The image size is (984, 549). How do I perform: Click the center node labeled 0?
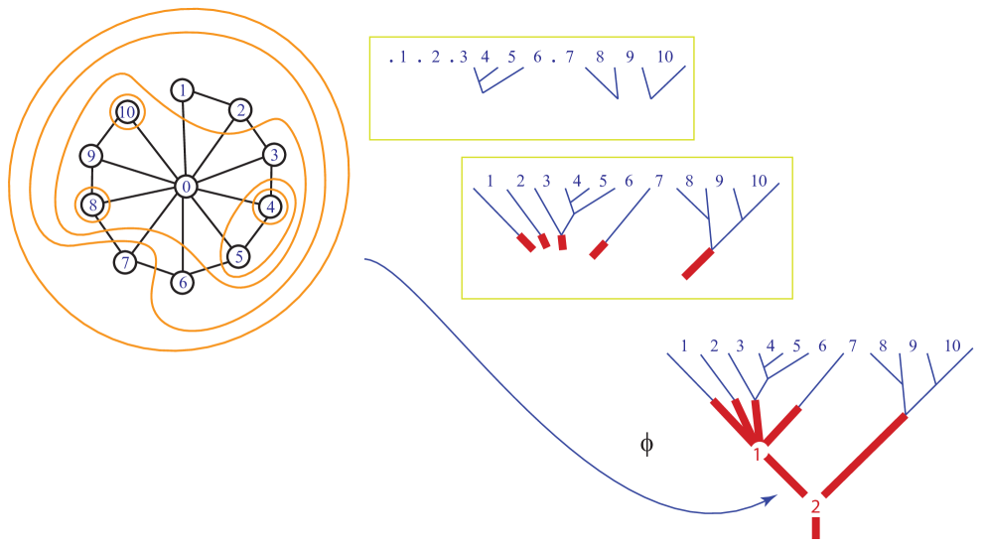pyautogui.click(x=185, y=187)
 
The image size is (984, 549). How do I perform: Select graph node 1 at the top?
pyautogui.click(x=182, y=90)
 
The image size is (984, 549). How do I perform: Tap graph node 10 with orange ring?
pyautogui.click(x=126, y=112)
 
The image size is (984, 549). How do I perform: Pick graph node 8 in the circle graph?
pyautogui.click(x=92, y=206)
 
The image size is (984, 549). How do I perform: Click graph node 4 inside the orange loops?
pyautogui.click(x=269, y=207)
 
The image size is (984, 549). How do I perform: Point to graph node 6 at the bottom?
pyautogui.click(x=182, y=282)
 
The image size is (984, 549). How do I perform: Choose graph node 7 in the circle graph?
pyautogui.click(x=124, y=263)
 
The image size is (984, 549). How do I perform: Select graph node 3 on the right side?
pyautogui.click(x=275, y=155)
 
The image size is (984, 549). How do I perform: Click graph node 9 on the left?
pyautogui.click(x=91, y=156)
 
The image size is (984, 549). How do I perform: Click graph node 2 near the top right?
pyautogui.click(x=239, y=109)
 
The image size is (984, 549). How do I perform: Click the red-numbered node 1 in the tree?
pyautogui.click(x=759, y=452)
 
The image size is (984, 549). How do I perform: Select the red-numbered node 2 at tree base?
pyautogui.click(x=815, y=505)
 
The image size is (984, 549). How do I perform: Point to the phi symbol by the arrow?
pyautogui.click(x=646, y=444)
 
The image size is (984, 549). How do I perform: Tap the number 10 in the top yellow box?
pyautogui.click(x=664, y=58)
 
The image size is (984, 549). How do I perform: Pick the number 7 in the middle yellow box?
pyautogui.click(x=658, y=182)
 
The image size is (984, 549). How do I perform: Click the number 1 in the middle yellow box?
pyautogui.click(x=490, y=182)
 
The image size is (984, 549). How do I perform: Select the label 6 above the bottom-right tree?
pyautogui.click(x=822, y=346)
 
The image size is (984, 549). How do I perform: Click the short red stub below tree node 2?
pyautogui.click(x=815, y=527)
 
